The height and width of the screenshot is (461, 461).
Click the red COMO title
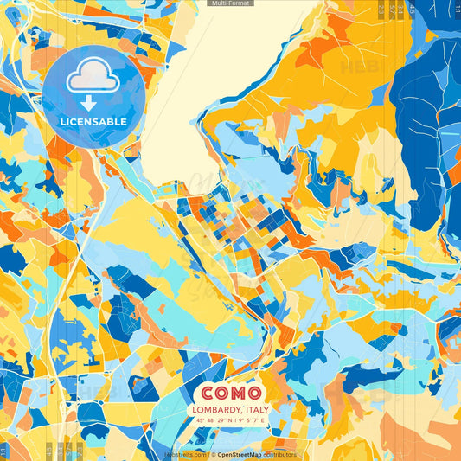(x=231, y=391)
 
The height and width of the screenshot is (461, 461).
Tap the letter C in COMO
(x=208, y=391)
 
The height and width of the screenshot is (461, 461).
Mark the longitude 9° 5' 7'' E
(x=253, y=420)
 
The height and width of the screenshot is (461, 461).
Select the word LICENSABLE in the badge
(x=93, y=122)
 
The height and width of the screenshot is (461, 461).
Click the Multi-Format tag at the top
(x=230, y=3)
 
